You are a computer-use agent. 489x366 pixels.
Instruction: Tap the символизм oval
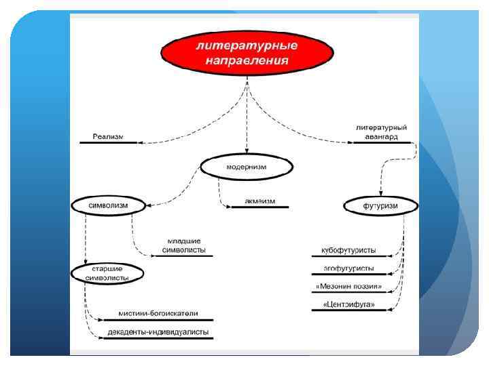tap(108, 204)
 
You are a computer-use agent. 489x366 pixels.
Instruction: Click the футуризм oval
tap(380, 205)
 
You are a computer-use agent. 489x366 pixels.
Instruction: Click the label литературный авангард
tap(382, 131)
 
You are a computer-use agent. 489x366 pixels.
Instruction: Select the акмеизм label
tap(259, 201)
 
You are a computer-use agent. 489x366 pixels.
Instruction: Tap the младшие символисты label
tap(184, 245)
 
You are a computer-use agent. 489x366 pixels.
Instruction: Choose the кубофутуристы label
tap(348, 250)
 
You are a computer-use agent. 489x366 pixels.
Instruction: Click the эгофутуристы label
tap(348, 268)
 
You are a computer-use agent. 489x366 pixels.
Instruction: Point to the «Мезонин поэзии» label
tap(348, 287)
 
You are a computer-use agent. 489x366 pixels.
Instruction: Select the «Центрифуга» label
tap(348, 305)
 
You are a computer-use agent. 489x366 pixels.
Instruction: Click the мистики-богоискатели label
tap(158, 313)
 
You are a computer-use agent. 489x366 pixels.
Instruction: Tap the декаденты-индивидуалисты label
tap(158, 332)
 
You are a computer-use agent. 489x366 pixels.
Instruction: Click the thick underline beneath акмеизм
tap(259, 207)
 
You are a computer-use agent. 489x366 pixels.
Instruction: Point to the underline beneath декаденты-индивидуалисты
tap(158, 338)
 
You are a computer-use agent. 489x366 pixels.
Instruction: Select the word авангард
tap(382, 136)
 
